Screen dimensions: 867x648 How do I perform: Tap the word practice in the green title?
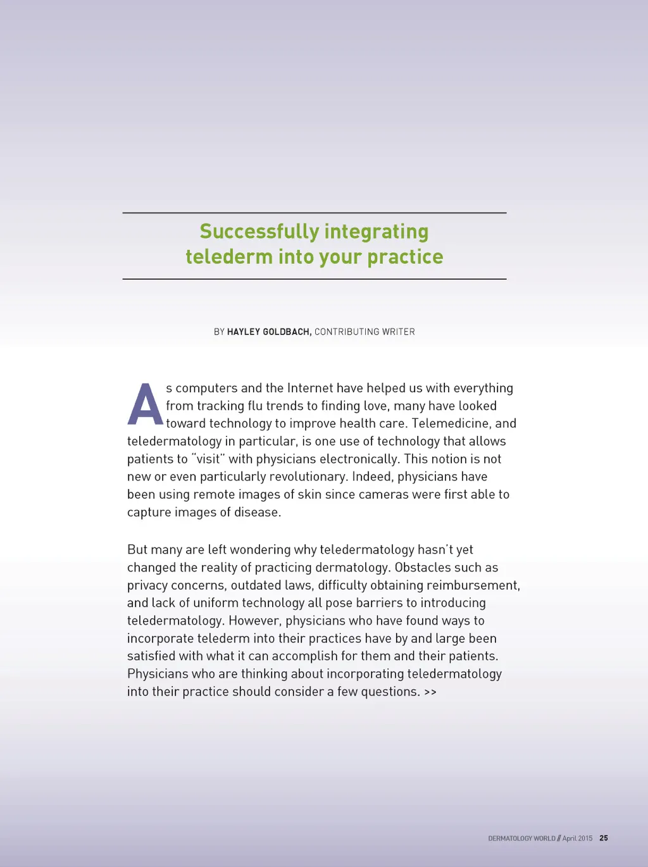[x=405, y=257]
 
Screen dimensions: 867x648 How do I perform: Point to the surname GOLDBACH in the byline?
[x=287, y=332]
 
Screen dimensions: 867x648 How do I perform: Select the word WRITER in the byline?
[x=398, y=332]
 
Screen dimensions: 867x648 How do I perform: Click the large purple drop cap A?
[x=145, y=405]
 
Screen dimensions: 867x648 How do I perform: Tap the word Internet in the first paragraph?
[x=309, y=388]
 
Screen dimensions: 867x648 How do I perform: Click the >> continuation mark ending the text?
[x=430, y=692]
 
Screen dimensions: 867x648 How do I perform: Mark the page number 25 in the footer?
[x=604, y=838]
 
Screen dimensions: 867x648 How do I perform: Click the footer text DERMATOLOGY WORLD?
[x=521, y=839]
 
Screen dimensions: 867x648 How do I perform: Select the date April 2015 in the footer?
[x=577, y=839]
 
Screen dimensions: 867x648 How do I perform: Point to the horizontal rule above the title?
[x=315, y=213]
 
